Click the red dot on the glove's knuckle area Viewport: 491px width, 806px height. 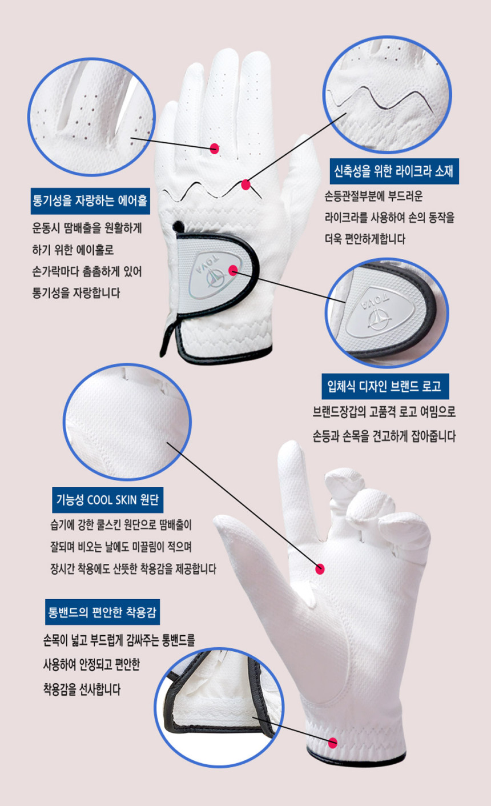coord(215,149)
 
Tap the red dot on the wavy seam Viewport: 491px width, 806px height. coord(246,185)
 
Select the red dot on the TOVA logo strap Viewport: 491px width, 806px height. coord(233,270)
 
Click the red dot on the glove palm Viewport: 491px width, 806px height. coord(320,569)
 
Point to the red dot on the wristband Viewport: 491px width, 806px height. coord(333,743)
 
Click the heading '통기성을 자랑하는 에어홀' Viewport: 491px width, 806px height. coord(90,201)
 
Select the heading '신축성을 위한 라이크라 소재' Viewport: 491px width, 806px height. coord(395,171)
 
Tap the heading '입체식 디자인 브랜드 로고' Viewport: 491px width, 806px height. coord(385,387)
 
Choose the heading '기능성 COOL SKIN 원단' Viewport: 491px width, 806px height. coord(107,500)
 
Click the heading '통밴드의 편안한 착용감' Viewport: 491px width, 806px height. coord(103,612)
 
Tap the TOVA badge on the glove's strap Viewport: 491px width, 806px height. coord(215,275)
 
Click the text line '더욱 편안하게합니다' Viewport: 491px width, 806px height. coord(365,239)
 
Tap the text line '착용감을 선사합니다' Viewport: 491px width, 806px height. coord(82,689)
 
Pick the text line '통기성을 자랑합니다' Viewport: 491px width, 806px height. coord(77,293)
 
